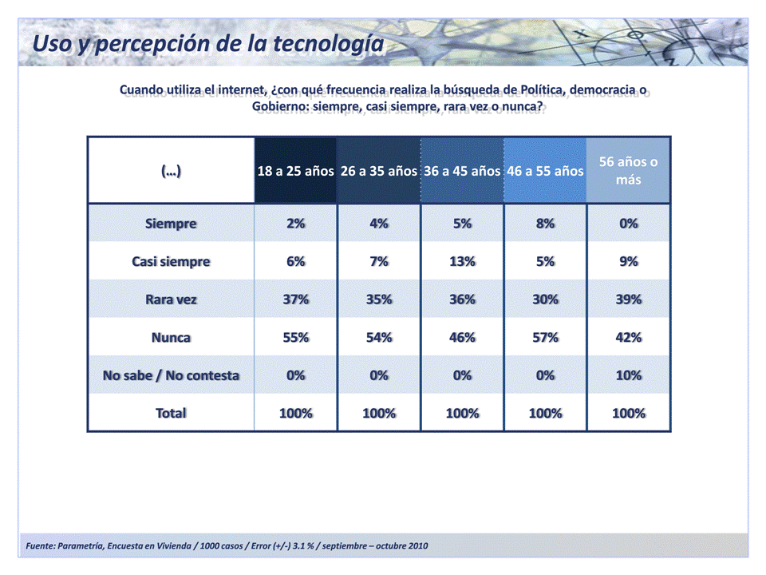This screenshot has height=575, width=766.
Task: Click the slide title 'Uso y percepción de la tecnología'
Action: click(207, 43)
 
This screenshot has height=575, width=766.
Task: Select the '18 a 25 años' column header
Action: click(295, 171)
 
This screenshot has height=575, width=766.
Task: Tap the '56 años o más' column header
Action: click(629, 171)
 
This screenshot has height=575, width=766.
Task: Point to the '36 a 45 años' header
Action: click(462, 171)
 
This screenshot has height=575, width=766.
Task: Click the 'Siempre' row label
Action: click(171, 224)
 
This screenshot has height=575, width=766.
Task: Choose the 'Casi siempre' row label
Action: click(171, 262)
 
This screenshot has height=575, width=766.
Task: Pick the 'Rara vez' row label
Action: click(171, 299)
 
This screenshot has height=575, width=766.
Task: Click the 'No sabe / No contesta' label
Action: click(171, 375)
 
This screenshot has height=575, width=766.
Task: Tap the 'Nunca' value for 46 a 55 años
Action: click(546, 338)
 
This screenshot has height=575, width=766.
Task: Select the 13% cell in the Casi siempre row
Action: click(462, 262)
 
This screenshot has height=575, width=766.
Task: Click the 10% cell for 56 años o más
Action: click(629, 375)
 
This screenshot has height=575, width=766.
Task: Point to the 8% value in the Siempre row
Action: click(546, 224)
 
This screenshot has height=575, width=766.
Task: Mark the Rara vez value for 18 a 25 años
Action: click(295, 299)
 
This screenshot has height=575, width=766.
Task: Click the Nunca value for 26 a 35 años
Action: click(379, 338)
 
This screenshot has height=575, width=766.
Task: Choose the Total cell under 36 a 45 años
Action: click(462, 414)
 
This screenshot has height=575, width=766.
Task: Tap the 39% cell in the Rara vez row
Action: click(629, 299)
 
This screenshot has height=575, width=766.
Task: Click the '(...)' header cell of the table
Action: click(171, 171)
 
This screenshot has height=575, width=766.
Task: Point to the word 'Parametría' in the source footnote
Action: click(81, 545)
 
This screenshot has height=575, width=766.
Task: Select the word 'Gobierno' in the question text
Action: click(280, 107)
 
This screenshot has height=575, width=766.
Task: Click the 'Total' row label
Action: click(171, 414)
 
